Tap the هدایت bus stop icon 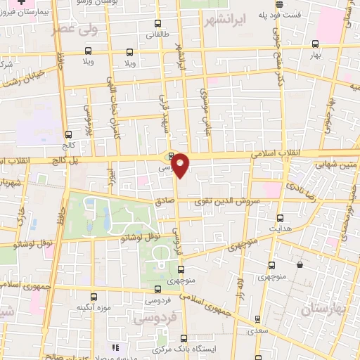(x=281, y=218)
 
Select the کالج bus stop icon (x=68, y=135)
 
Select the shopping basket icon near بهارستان (x=300, y=265)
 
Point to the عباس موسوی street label (x=206, y=106)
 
